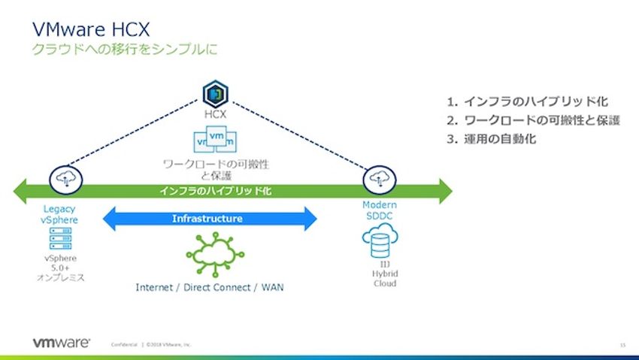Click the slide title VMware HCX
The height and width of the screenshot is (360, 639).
[91, 29]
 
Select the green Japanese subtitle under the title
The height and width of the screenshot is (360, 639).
[125, 52]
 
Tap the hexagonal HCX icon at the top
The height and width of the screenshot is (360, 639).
[215, 95]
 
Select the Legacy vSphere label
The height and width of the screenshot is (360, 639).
[59, 213]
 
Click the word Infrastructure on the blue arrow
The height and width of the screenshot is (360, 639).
[207, 219]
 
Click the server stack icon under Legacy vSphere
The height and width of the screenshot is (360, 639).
[59, 240]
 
